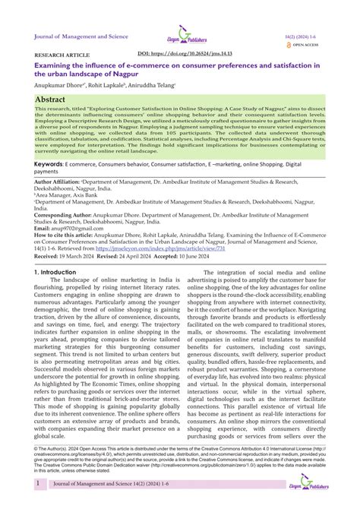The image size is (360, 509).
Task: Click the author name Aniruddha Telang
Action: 157,84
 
